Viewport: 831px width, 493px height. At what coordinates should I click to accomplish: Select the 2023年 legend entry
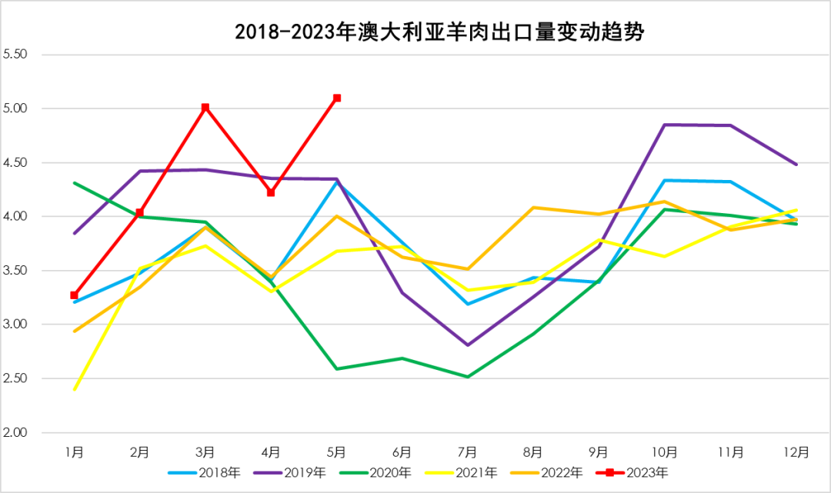(x=638, y=471)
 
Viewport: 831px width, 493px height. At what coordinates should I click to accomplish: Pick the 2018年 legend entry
(x=212, y=471)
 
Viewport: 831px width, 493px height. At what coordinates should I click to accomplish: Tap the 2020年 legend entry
(x=382, y=471)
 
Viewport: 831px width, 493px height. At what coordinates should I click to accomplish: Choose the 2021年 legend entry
(x=468, y=471)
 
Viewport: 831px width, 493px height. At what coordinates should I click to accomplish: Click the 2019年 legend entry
(x=297, y=471)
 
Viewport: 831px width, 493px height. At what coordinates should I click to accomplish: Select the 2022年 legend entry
(x=552, y=471)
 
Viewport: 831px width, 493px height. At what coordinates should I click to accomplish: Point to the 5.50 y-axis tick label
(x=15, y=55)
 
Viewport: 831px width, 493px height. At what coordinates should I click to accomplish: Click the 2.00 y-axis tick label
(x=15, y=432)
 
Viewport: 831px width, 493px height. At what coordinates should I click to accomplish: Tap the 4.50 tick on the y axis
(x=15, y=162)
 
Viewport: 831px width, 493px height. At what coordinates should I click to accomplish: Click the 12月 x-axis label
(x=796, y=451)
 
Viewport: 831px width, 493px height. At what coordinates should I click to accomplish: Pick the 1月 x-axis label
(x=74, y=451)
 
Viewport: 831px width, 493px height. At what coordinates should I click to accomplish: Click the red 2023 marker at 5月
(x=337, y=98)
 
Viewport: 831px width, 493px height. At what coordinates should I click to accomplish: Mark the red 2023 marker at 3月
(x=205, y=108)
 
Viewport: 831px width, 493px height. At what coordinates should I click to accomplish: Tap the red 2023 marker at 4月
(x=271, y=192)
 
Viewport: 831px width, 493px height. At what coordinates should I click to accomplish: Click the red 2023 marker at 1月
(x=74, y=295)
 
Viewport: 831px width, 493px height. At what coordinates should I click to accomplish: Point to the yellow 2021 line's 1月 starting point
(x=74, y=389)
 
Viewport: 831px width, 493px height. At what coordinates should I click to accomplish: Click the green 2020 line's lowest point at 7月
(x=468, y=377)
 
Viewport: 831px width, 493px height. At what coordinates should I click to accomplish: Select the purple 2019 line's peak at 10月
(x=665, y=125)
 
